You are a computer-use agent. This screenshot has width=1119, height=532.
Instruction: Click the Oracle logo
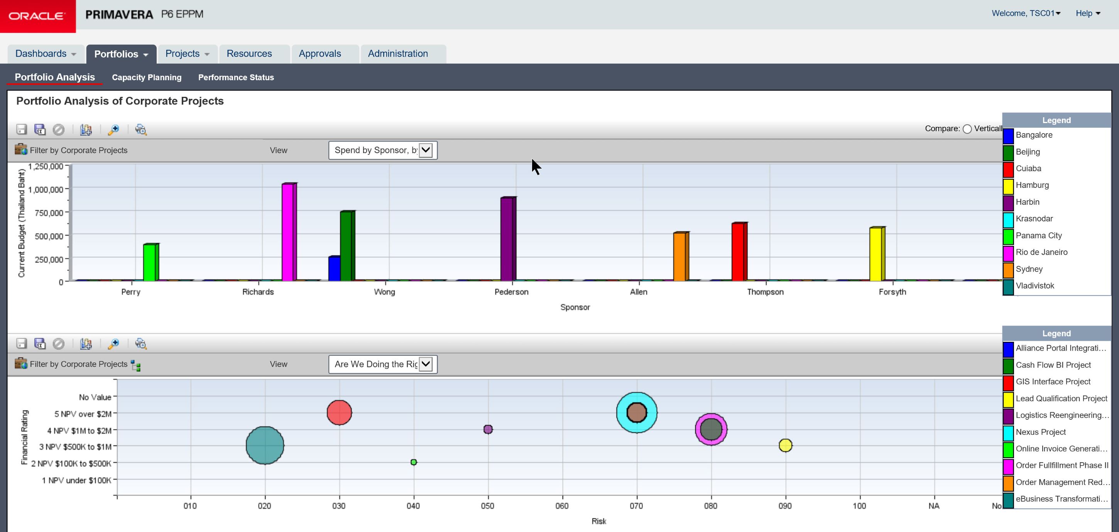(x=37, y=16)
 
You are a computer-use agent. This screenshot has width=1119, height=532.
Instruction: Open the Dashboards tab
(x=46, y=54)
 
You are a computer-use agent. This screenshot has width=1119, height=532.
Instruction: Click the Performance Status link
(x=236, y=77)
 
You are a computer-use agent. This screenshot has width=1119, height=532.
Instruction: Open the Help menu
(x=1088, y=14)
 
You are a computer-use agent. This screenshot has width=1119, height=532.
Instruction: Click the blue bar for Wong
(x=334, y=269)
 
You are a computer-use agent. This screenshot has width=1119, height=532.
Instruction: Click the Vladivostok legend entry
(x=1035, y=286)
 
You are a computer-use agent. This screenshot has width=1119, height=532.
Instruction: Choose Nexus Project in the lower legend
(x=1040, y=432)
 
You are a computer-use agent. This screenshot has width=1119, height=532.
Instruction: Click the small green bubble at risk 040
(x=414, y=462)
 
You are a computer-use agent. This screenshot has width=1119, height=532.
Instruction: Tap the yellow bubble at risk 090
(x=785, y=445)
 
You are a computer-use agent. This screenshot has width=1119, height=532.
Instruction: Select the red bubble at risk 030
(x=339, y=412)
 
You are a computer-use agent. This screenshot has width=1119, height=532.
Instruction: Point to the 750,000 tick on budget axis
(x=46, y=213)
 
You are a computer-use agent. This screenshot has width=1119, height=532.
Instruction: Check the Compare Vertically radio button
(x=967, y=129)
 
